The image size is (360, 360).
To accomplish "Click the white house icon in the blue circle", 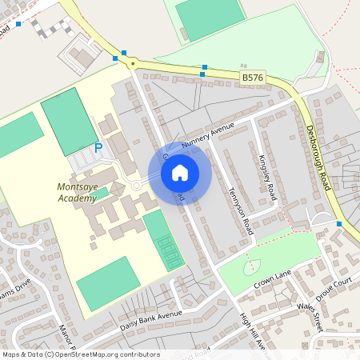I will click(x=180, y=172).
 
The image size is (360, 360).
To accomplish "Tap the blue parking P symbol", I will click(x=98, y=148).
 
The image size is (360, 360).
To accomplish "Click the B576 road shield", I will click(x=251, y=78).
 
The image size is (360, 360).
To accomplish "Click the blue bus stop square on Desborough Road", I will click(x=341, y=224).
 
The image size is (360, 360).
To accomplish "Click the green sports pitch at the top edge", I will click(x=210, y=17).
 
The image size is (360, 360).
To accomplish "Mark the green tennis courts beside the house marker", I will click(x=163, y=241).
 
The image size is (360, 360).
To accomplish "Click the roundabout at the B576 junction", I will click(x=130, y=62).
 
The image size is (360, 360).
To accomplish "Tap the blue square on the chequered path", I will click(x=18, y=24).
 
